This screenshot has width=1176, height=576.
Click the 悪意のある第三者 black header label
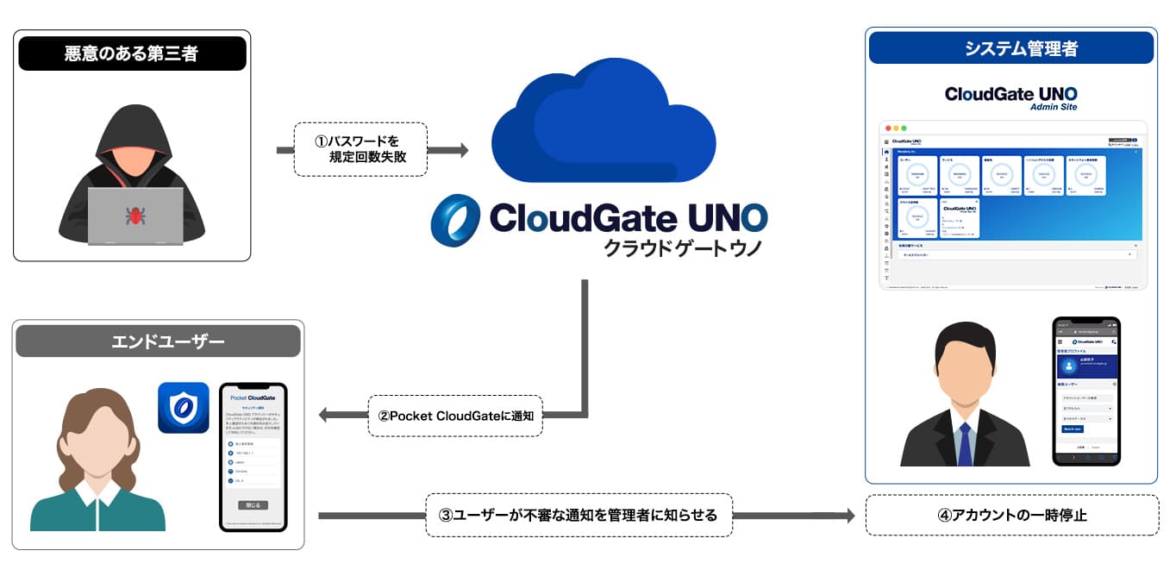pos(132,53)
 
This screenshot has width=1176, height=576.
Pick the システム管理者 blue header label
pos(1010,48)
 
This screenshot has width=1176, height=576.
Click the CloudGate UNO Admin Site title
pos(1010,97)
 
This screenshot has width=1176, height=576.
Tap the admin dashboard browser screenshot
pos(1012,204)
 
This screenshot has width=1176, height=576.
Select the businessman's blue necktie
pos(965,444)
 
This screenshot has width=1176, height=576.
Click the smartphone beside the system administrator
pos(1086,391)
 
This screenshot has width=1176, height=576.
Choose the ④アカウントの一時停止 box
pos(1012,516)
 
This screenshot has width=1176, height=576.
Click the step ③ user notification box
pos(578,516)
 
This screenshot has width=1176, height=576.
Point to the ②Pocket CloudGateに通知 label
pos(455,416)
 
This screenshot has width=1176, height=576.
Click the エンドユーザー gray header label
pos(159,341)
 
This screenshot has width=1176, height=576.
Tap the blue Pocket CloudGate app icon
pos(184,408)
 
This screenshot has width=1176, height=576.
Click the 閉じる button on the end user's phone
pos(253,504)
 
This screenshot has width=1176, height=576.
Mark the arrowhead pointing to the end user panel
pos(325,416)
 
